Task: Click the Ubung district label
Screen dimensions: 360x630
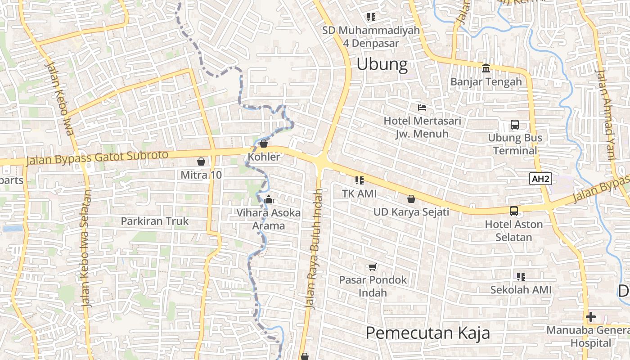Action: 382,64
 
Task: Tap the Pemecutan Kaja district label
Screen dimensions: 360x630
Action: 427,333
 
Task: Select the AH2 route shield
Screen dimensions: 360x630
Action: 540,179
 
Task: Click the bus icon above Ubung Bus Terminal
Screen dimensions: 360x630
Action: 514,125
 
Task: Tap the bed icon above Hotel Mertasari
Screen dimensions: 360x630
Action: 422,108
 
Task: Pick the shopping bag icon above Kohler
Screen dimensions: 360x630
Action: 264,144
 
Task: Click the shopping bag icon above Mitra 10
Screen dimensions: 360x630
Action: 201,161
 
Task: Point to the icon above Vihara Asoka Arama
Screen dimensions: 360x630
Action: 269,199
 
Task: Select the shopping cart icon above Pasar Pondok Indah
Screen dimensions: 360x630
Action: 372,267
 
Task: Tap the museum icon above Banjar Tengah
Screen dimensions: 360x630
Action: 486,68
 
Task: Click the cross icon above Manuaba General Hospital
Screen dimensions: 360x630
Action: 591,317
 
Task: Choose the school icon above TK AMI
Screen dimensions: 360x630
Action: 359,180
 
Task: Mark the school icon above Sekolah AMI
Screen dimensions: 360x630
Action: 521,276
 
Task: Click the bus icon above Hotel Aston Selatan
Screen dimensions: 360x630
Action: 513,211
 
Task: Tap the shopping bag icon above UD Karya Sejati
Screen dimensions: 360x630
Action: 411,198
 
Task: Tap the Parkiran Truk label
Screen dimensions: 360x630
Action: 155,221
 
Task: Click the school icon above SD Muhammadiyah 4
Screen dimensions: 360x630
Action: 371,17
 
